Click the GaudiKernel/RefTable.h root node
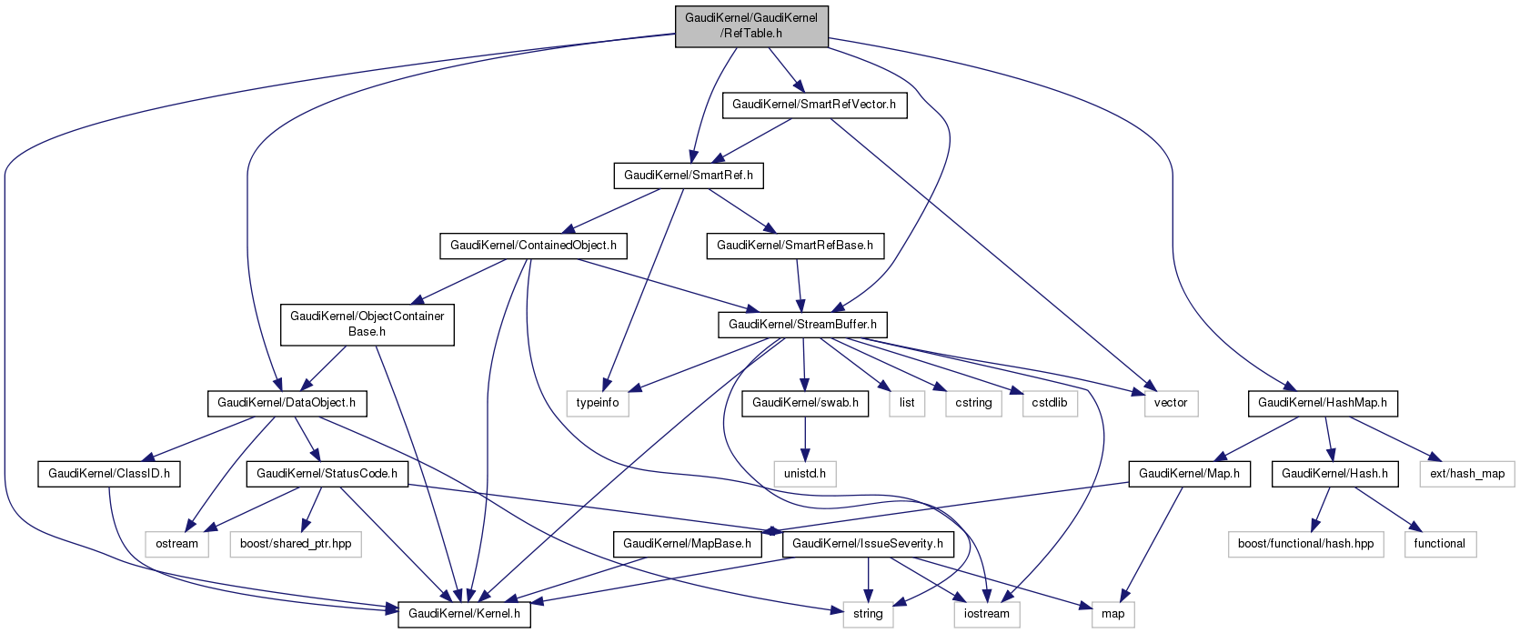(x=751, y=25)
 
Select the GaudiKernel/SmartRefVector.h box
(x=814, y=105)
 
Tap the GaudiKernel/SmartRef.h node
(x=689, y=175)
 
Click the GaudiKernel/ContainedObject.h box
(x=533, y=246)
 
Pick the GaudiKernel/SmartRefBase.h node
(x=795, y=246)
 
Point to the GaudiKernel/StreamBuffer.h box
(x=802, y=324)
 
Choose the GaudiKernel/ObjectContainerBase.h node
(x=367, y=324)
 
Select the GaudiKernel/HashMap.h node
(x=1322, y=402)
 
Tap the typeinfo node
(x=598, y=402)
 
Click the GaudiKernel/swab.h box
(x=805, y=402)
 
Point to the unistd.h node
(x=805, y=473)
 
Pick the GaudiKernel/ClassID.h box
(x=109, y=473)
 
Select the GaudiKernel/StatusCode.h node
(x=327, y=473)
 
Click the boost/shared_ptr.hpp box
(x=296, y=544)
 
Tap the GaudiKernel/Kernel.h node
(x=464, y=614)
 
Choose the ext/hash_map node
(x=1466, y=473)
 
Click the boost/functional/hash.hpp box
(x=1305, y=544)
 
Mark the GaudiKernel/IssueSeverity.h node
(x=868, y=544)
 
